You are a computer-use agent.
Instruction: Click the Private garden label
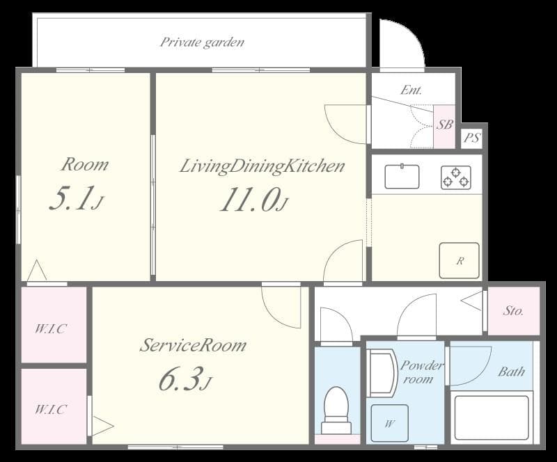(202, 42)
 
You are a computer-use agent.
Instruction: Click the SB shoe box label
(444, 125)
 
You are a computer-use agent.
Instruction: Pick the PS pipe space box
(472, 138)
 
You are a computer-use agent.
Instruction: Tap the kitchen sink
(402, 176)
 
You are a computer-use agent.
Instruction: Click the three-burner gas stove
(456, 177)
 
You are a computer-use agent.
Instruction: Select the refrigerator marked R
(460, 261)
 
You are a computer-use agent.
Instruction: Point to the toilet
(336, 410)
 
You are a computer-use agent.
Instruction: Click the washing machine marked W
(390, 423)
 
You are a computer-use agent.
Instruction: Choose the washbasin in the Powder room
(382, 373)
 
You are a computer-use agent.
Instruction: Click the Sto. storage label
(513, 311)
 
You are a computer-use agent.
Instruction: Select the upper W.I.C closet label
(50, 328)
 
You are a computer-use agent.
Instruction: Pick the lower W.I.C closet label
(50, 409)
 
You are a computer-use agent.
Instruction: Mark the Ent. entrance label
(411, 90)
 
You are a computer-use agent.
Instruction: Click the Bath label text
(511, 372)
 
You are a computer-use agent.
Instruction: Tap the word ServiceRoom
(193, 345)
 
